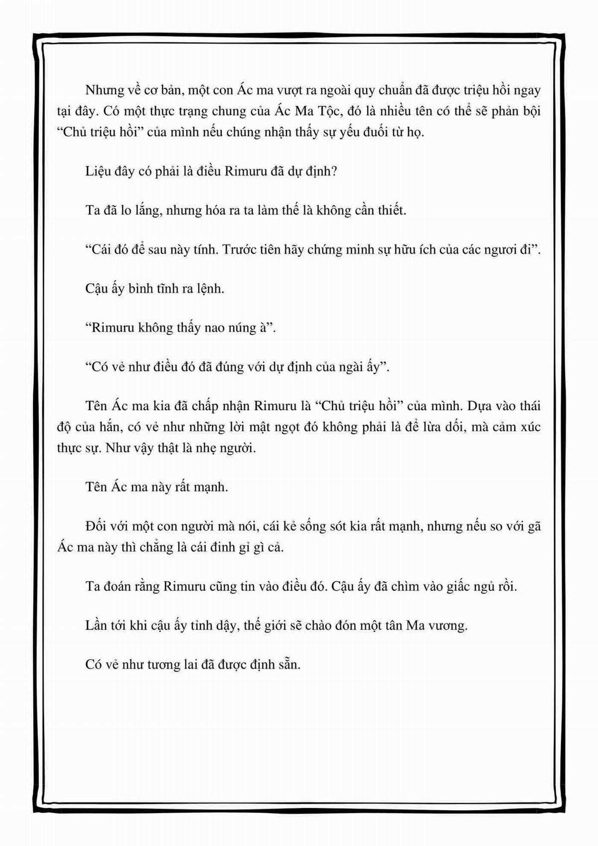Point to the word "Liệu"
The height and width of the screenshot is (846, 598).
coord(99,171)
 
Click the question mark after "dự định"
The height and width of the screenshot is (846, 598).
coord(335,171)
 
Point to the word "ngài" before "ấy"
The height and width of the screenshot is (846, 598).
coord(346,367)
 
